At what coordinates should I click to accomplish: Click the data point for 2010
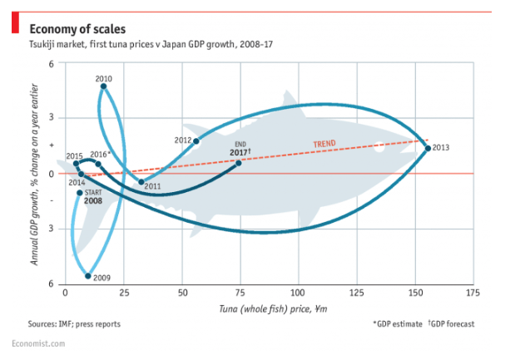103,86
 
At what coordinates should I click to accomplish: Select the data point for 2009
88,275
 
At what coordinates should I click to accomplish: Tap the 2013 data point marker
428,148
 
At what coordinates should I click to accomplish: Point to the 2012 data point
196,141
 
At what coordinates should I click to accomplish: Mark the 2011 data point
141,181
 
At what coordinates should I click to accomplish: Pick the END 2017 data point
239,163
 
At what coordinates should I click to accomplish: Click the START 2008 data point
80,193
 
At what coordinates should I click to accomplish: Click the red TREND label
324,144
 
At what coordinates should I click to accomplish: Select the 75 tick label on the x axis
239,293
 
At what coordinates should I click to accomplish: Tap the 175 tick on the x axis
473,293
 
